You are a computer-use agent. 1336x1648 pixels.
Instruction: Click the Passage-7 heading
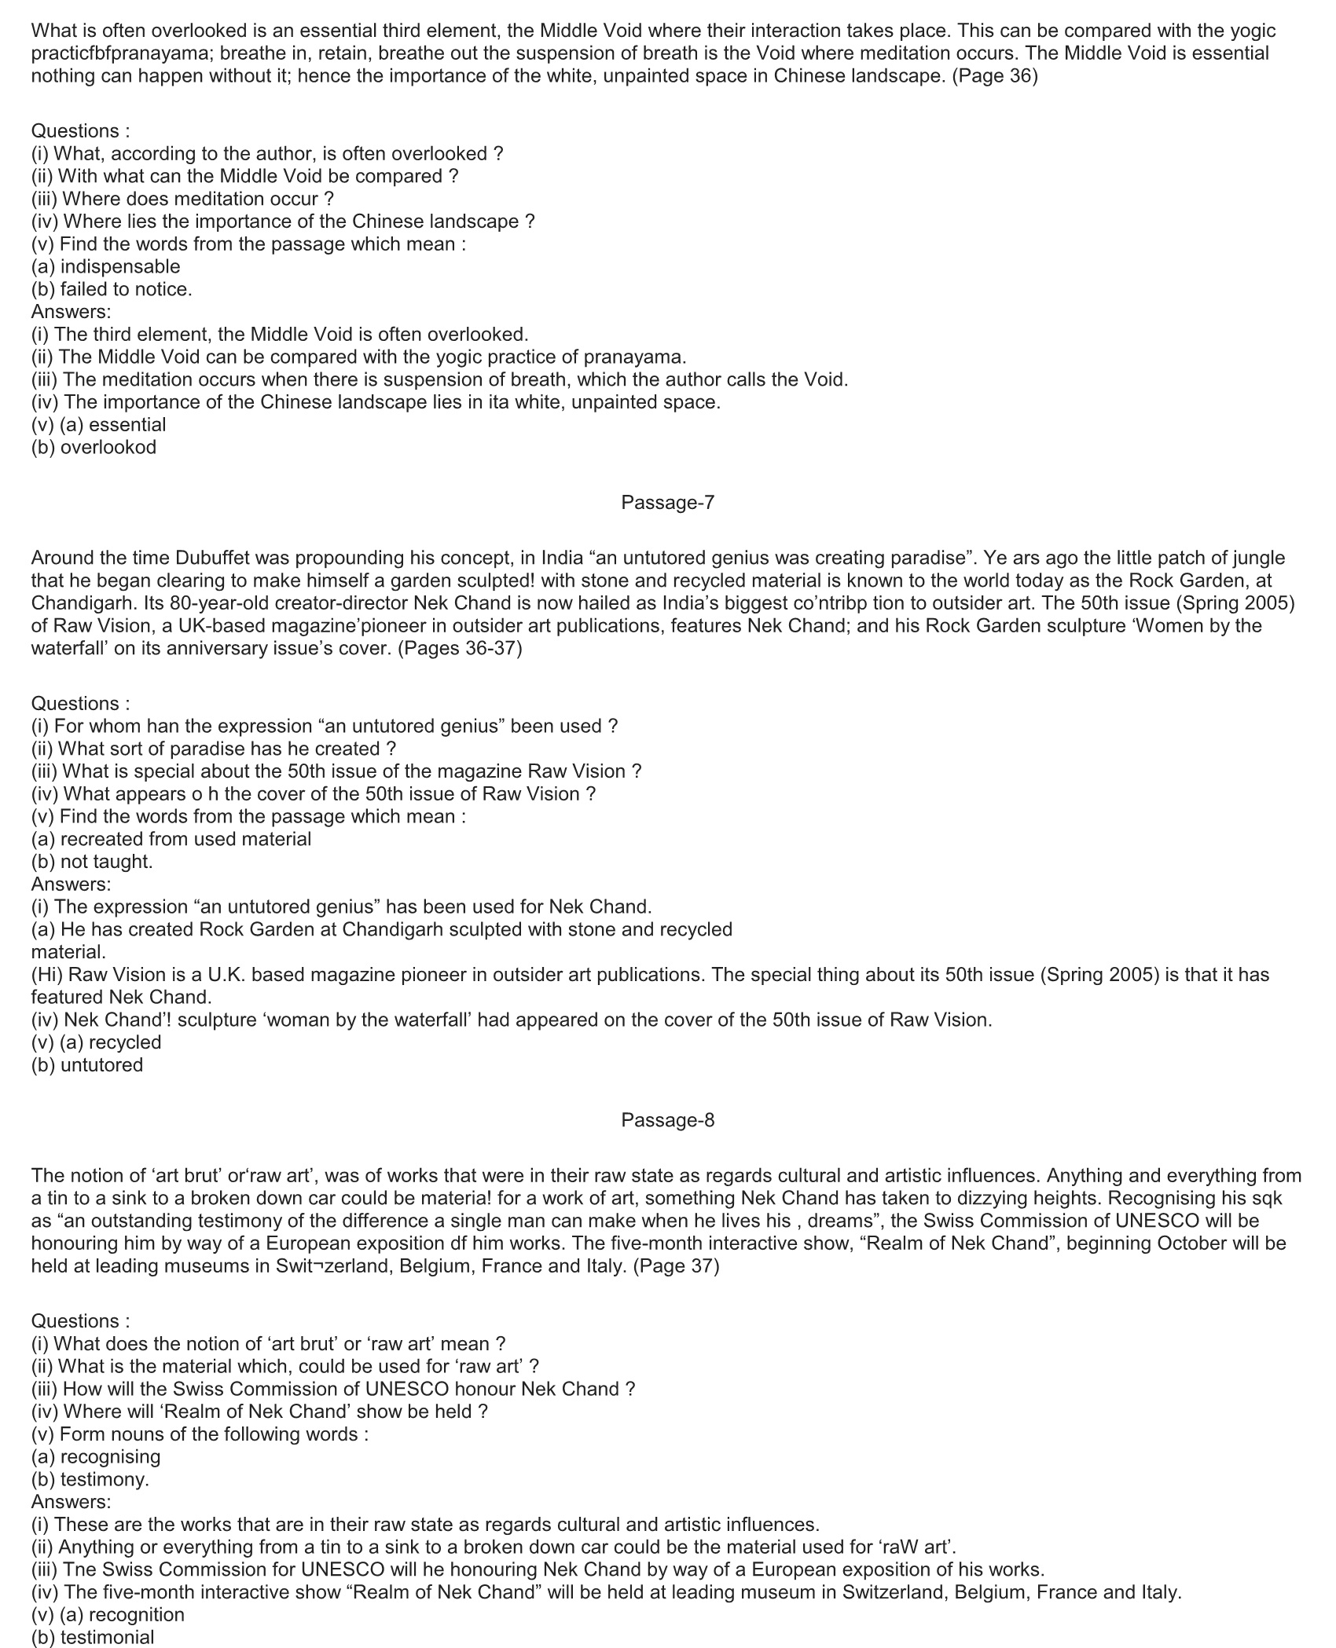(667, 503)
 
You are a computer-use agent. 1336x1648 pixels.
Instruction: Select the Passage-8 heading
(667, 1120)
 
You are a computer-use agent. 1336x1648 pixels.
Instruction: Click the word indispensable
(119, 267)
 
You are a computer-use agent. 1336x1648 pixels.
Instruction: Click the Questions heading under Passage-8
(80, 1321)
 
